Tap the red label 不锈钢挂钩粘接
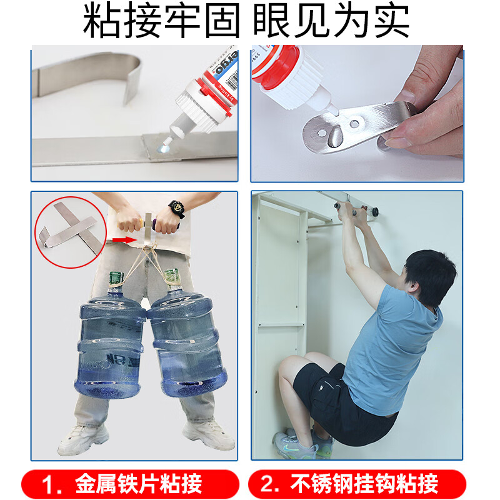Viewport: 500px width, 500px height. pos(357,483)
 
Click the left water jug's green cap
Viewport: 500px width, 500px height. pos(114,277)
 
